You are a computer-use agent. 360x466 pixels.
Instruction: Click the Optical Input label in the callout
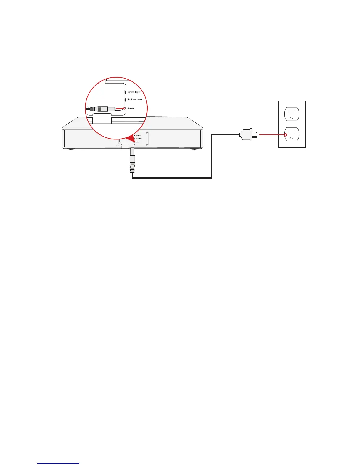(x=134, y=92)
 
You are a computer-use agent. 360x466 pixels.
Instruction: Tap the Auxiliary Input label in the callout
(x=135, y=99)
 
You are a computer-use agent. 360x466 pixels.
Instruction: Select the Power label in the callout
(x=131, y=109)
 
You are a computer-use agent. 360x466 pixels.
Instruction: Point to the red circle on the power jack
(x=124, y=108)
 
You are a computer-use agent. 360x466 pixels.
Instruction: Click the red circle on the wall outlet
(x=285, y=135)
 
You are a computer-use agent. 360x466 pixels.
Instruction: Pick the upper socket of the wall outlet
(x=291, y=114)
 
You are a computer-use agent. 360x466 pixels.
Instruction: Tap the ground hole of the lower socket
(x=291, y=137)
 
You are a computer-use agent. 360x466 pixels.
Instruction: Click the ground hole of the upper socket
(x=291, y=117)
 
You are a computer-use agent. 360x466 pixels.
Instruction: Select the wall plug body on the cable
(x=246, y=135)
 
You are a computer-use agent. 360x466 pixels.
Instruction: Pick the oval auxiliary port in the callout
(x=125, y=99)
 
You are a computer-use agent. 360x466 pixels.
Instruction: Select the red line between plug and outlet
(x=271, y=135)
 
